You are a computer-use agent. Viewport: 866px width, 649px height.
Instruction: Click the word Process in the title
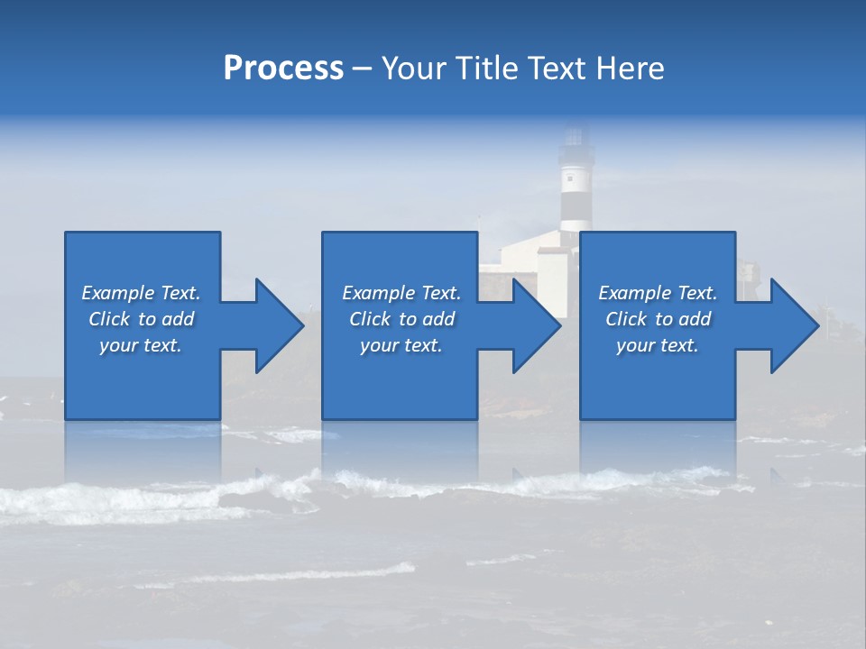283,69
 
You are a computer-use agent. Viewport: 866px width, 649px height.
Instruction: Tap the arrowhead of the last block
793,325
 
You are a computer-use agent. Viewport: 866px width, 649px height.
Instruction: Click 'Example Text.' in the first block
142,293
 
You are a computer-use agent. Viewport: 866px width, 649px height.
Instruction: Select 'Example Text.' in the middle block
401,293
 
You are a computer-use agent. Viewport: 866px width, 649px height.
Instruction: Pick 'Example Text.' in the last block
658,293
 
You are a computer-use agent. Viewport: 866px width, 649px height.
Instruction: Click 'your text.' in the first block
142,345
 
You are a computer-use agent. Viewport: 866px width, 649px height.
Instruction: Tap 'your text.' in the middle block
401,345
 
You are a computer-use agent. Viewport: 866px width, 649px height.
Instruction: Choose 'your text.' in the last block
658,345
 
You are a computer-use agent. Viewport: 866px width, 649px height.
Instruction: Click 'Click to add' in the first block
142,319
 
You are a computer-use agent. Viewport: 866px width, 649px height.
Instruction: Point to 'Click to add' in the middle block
401,319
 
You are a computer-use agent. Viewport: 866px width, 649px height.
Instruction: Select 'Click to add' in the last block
658,319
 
